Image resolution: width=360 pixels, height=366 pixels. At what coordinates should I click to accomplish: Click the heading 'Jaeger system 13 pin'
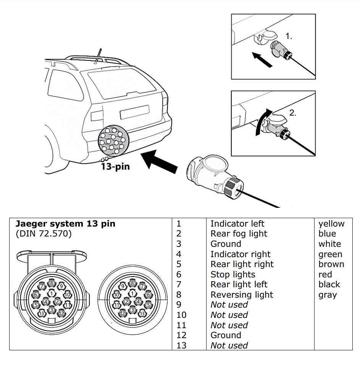click(x=65, y=224)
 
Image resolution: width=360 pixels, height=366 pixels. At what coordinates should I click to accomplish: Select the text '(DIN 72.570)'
click(x=44, y=234)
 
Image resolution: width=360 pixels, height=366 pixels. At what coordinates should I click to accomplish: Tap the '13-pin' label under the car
click(x=115, y=167)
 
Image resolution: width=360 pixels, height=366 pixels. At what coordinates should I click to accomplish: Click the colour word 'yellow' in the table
click(x=331, y=224)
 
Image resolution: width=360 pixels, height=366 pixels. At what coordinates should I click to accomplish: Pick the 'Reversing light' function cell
click(x=242, y=295)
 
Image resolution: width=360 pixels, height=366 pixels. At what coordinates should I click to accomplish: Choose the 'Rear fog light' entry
click(x=239, y=234)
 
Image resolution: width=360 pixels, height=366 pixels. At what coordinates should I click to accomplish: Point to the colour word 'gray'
click(x=328, y=295)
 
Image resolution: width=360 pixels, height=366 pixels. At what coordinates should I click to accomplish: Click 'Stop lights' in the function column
click(x=233, y=274)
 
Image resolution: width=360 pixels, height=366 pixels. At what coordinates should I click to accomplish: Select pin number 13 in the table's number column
click(x=181, y=345)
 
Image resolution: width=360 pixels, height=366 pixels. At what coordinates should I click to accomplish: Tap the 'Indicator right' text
click(x=240, y=254)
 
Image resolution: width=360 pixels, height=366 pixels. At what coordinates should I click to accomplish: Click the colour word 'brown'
click(x=331, y=264)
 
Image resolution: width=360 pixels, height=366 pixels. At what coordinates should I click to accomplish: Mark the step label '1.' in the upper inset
click(x=289, y=36)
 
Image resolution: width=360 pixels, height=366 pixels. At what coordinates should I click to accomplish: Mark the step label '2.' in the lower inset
click(x=293, y=113)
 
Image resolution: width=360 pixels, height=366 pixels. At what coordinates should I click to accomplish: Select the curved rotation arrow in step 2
click(x=261, y=121)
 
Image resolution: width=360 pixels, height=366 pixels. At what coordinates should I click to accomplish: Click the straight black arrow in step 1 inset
click(x=262, y=60)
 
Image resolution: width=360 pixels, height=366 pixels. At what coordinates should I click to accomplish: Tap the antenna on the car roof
click(x=98, y=56)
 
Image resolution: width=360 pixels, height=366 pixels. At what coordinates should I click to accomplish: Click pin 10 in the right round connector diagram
click(x=116, y=295)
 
